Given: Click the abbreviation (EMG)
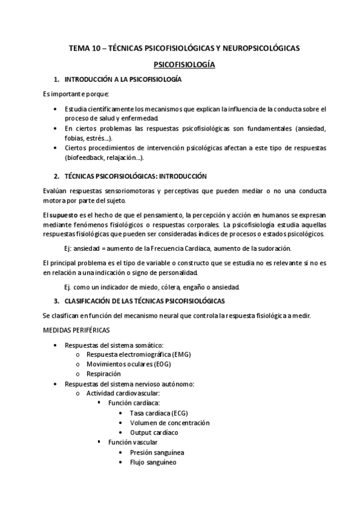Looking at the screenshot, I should coord(180,355).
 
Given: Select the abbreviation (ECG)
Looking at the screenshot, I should coord(179,414).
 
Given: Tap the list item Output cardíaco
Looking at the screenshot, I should coord(154,432).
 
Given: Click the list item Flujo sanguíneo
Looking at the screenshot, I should coord(153,462).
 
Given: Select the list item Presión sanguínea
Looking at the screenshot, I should coord(157,452).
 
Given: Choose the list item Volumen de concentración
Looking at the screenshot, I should coord(169,423).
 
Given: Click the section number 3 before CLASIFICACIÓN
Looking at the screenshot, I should coord(56,300).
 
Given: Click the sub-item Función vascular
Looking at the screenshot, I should coord(132,443).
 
